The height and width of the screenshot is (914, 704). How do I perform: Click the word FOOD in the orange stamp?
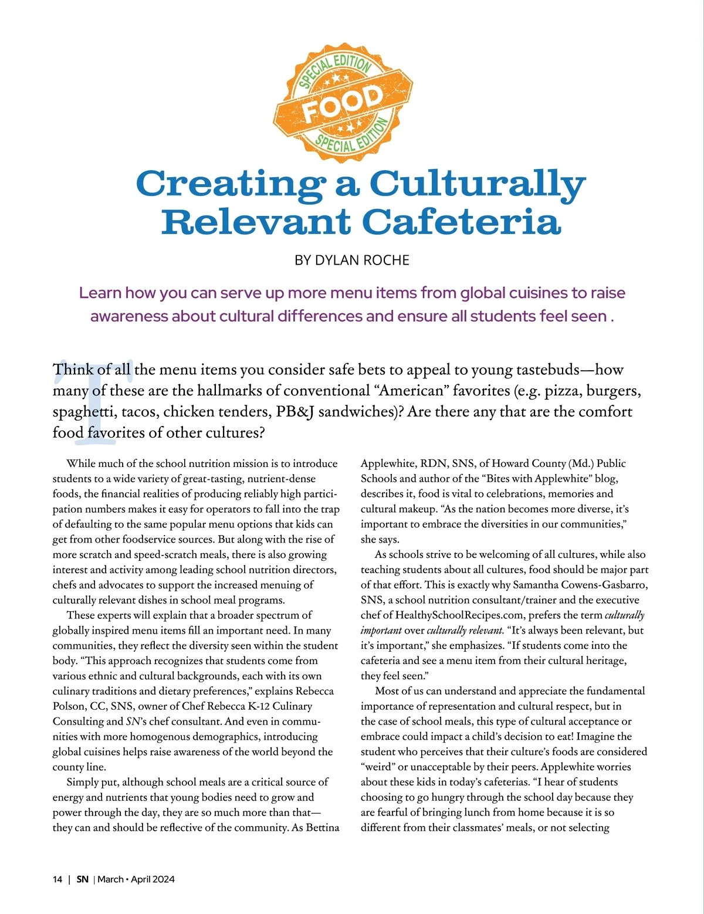click(x=343, y=104)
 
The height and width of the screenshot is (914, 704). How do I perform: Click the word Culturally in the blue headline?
click(x=478, y=184)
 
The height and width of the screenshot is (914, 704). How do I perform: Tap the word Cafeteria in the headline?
click(x=461, y=222)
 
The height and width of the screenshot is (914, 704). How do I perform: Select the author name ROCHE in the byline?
click(x=386, y=260)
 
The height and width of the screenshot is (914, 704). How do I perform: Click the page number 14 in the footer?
click(x=57, y=879)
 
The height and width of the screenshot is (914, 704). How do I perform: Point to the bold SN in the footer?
click(x=83, y=879)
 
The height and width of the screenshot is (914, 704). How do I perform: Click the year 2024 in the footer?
click(x=164, y=879)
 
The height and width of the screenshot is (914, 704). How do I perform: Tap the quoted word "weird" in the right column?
click(x=378, y=767)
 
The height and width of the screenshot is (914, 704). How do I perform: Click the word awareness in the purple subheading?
click(x=128, y=316)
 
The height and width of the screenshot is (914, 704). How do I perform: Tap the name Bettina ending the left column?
click(x=322, y=827)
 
